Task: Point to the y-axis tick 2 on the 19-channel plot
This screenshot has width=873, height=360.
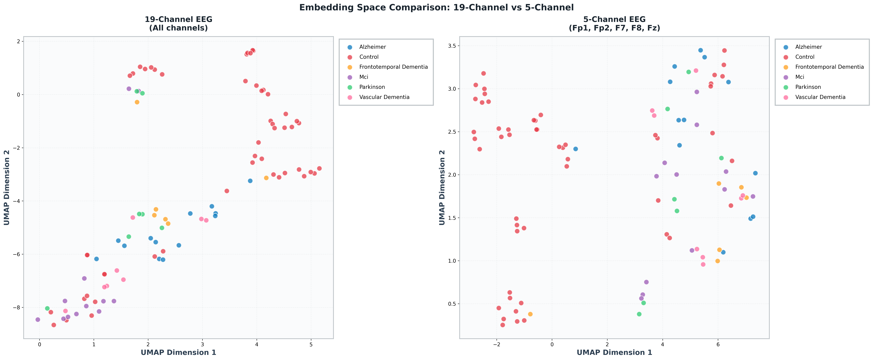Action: [18, 41]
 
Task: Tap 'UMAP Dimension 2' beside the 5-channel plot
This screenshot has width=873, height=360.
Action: [442, 187]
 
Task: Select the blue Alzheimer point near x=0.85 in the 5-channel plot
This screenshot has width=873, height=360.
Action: [575, 149]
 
